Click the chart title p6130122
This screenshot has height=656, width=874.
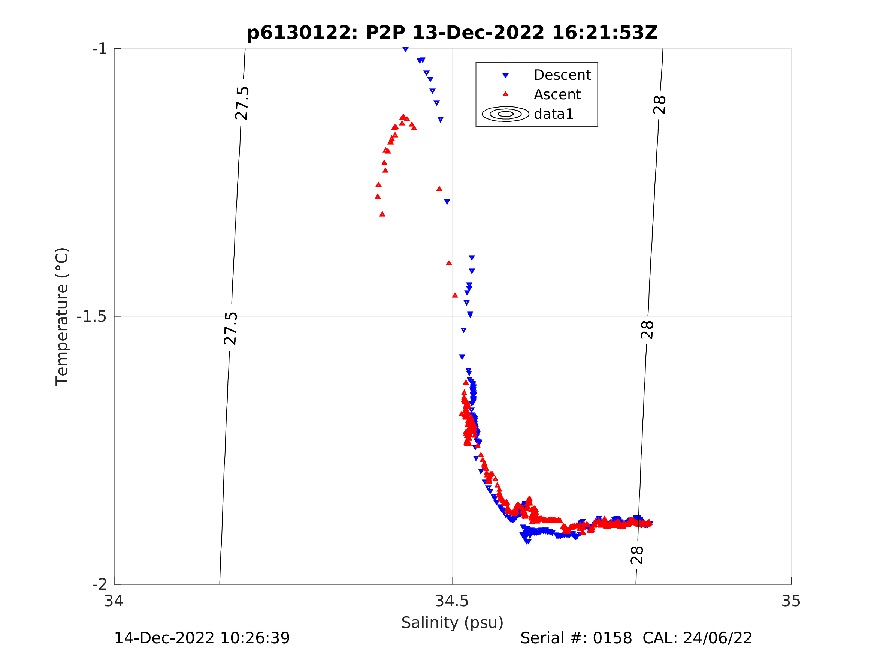[x=453, y=33]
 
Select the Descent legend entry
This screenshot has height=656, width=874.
[x=562, y=75]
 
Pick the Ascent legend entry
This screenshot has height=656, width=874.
[x=557, y=94]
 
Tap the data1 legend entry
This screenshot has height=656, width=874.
[x=553, y=114]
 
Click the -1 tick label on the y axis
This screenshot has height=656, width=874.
[x=100, y=49]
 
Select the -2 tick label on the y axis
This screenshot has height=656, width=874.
[x=100, y=584]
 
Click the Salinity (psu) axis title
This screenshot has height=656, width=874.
[x=453, y=623]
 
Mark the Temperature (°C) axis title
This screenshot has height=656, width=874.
[x=62, y=316]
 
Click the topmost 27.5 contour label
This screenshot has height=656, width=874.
[x=242, y=103]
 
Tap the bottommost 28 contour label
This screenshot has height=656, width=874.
[x=637, y=555]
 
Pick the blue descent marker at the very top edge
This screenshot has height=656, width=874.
[x=405, y=49]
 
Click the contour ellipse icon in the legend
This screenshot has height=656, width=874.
[x=505, y=114]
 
